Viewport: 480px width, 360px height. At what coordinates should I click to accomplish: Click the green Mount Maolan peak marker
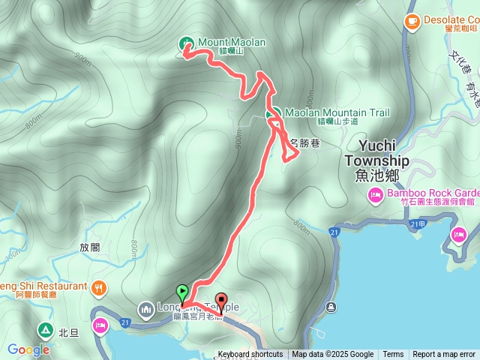click(186, 43)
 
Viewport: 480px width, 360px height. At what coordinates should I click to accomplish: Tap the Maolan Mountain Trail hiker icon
click(274, 114)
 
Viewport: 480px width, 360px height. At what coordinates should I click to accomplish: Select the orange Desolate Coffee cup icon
click(411, 22)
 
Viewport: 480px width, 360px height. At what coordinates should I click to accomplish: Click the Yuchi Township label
click(377, 160)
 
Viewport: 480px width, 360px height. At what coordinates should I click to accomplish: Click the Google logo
click(28, 349)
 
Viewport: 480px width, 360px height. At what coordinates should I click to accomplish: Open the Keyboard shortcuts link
click(250, 355)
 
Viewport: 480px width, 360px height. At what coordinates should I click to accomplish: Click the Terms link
click(393, 355)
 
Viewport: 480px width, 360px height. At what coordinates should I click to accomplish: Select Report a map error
click(444, 355)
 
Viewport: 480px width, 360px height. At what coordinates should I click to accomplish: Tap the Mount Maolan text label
click(232, 43)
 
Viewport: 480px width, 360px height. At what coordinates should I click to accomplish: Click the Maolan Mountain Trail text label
click(337, 113)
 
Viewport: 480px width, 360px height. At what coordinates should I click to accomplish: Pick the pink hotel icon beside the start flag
click(100, 325)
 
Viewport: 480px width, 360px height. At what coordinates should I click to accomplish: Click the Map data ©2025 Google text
click(333, 355)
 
